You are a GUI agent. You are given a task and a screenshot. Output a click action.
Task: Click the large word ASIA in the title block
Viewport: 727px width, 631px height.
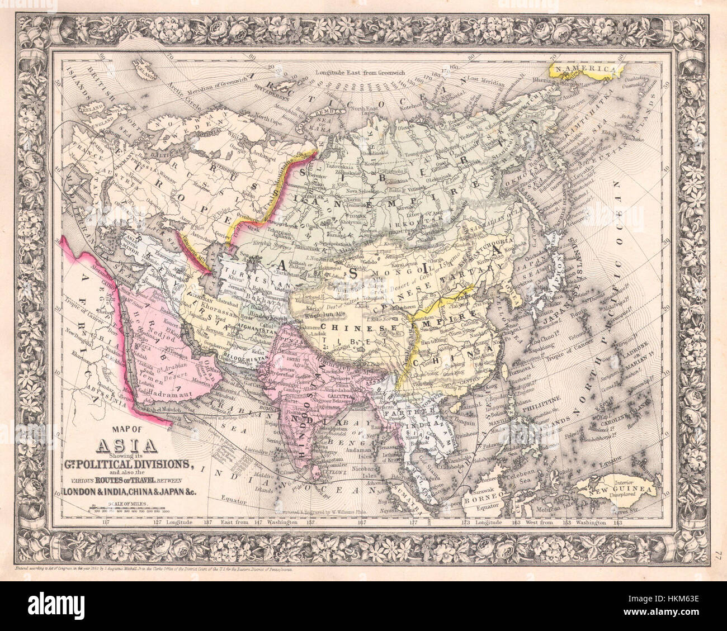(x=120, y=445)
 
